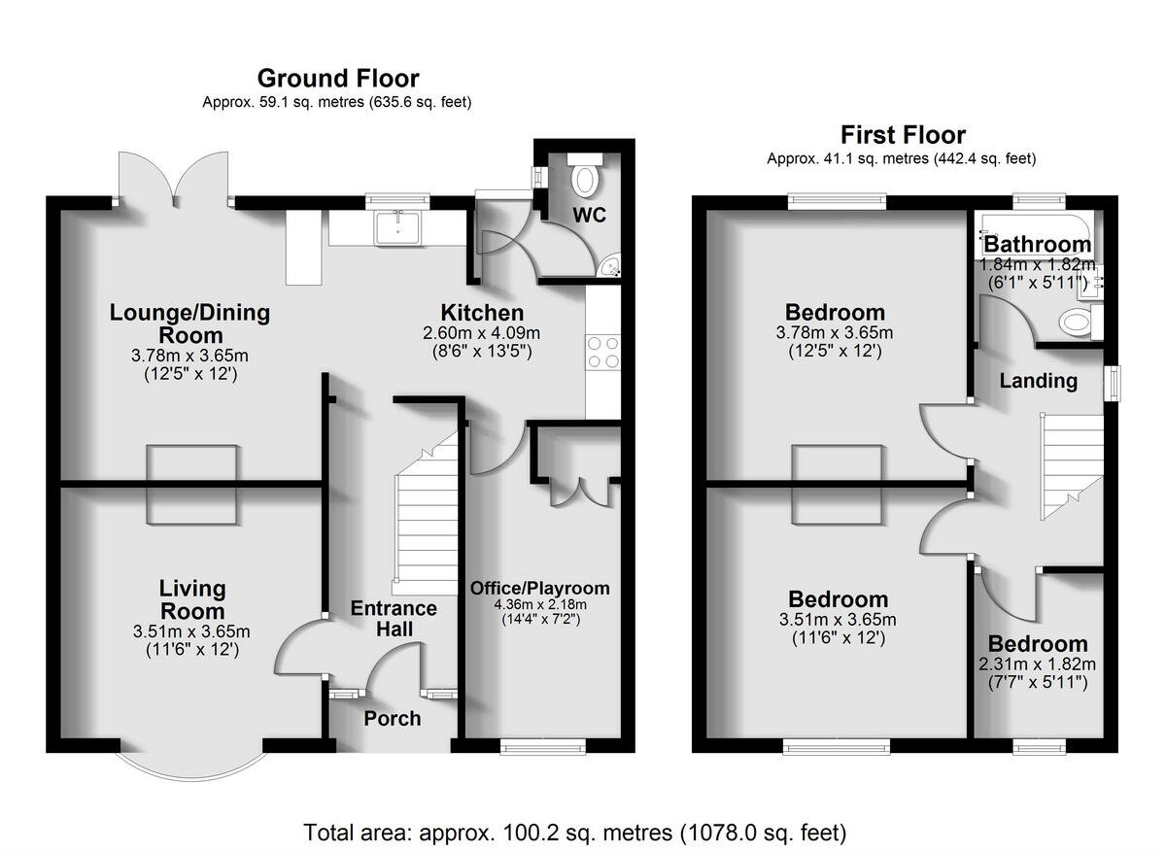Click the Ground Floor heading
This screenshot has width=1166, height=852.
[337, 78]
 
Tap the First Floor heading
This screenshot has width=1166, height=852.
[903, 134]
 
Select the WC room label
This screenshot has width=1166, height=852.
[589, 215]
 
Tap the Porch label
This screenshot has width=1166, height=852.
[393, 719]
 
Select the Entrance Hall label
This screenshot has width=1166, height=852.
[394, 619]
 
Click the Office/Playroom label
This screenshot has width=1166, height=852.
[540, 588]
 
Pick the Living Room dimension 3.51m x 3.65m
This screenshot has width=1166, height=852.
[191, 633]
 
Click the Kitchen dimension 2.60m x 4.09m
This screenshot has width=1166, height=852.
[482, 333]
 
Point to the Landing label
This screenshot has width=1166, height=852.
[1039, 381]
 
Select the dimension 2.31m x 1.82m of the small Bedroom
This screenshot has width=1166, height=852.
[1038, 665]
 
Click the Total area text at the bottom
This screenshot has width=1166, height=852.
[575, 833]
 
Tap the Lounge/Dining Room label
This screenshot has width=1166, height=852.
[189, 324]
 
